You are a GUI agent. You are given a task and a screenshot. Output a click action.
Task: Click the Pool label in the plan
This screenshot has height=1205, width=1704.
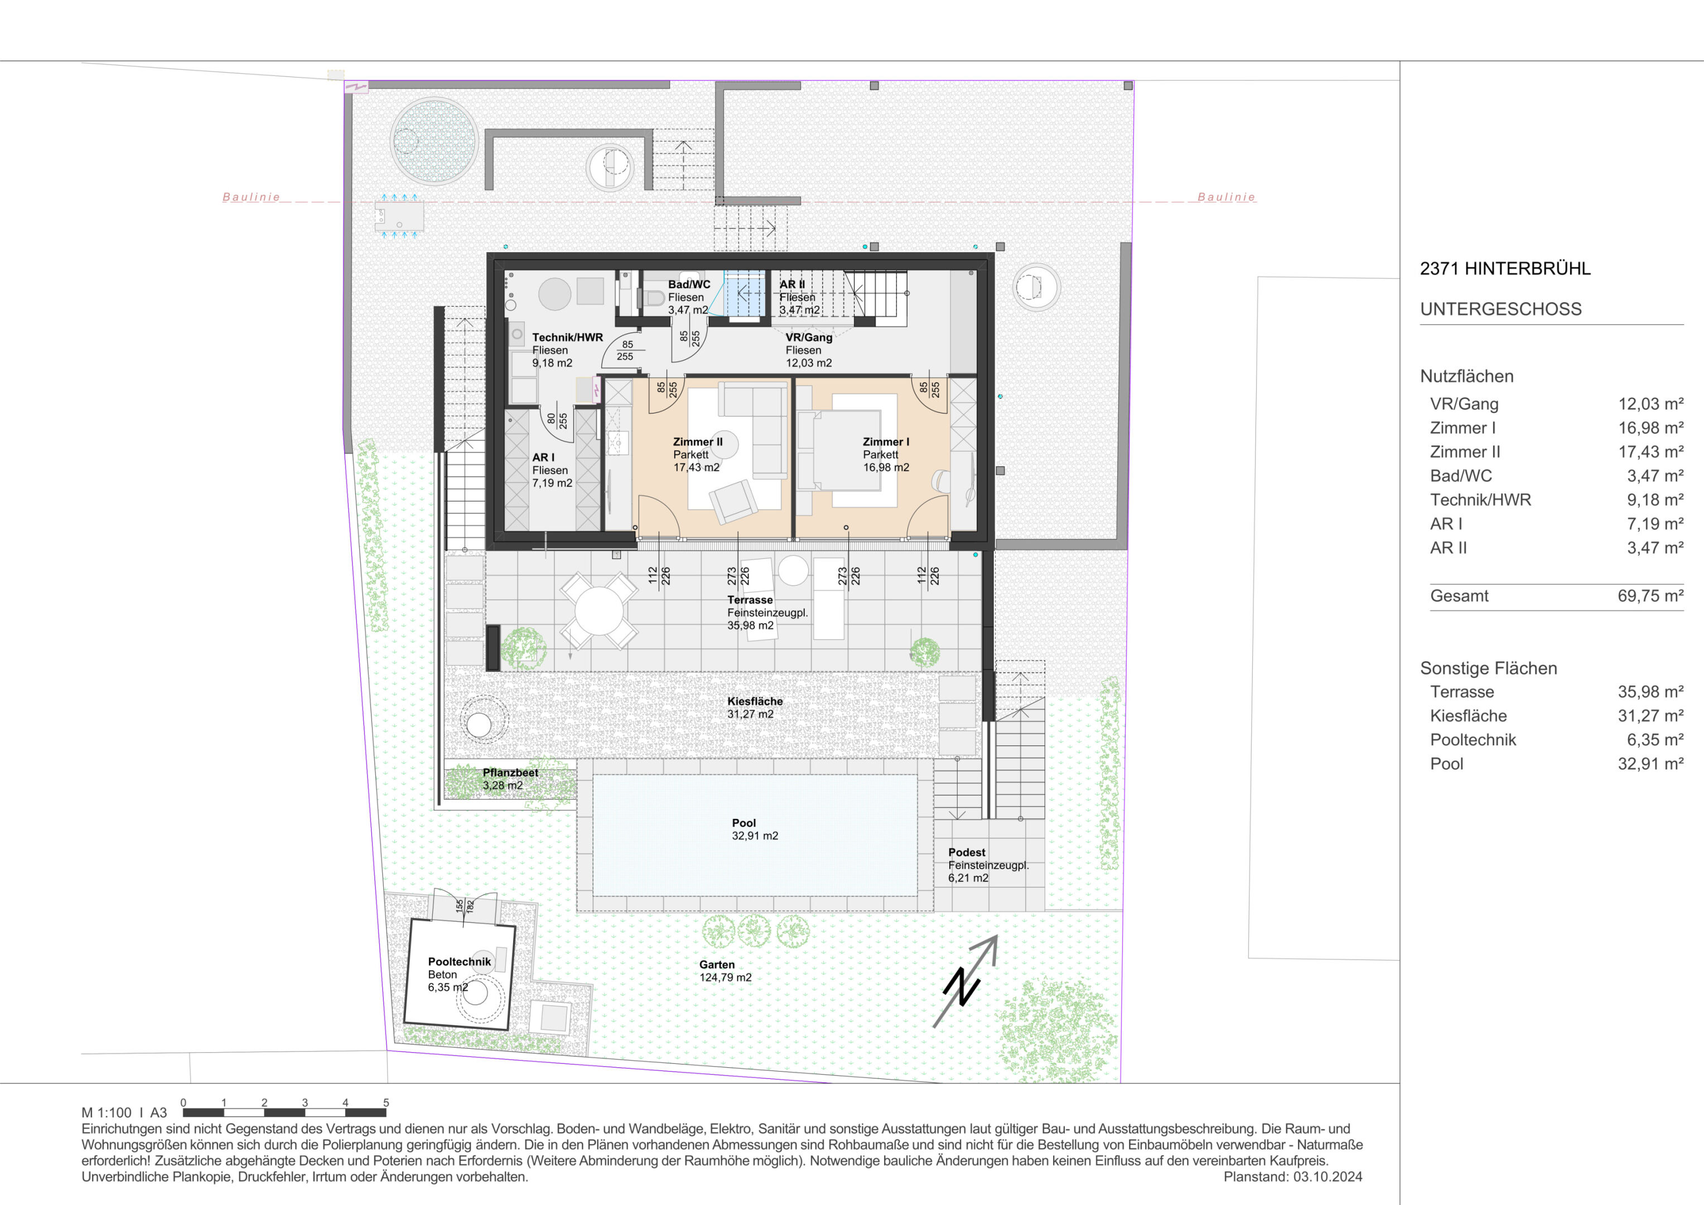point(744,823)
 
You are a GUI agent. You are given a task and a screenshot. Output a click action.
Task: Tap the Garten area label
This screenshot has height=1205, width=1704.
point(717,965)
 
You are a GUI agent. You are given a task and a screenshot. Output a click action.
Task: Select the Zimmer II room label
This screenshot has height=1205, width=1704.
point(698,442)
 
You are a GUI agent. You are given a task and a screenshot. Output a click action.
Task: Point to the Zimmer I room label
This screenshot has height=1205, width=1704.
point(885,442)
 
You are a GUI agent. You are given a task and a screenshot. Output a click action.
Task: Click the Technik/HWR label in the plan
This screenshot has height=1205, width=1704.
point(568,337)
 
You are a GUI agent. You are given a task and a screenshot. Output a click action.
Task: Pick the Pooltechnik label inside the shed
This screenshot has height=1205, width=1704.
point(460,961)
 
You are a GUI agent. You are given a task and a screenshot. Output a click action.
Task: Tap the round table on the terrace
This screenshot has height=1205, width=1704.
point(598,610)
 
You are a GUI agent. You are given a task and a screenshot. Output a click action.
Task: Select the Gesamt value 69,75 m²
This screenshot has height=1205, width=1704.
point(1650,595)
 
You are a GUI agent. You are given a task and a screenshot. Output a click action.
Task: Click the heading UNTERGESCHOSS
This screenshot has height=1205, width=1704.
point(1500,309)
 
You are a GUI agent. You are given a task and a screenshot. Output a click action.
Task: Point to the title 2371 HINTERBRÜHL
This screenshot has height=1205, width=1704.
point(1505,269)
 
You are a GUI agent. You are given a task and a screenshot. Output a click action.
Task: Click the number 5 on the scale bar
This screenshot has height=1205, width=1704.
point(386,1102)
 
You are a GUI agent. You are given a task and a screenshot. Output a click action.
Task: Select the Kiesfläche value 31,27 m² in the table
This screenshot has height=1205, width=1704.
point(1650,716)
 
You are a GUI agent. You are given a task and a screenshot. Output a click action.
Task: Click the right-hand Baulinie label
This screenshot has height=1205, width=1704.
point(1226,197)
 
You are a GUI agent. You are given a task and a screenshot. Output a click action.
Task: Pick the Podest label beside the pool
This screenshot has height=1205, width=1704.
point(966,852)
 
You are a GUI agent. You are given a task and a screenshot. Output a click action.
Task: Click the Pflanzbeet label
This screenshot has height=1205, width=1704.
point(510,772)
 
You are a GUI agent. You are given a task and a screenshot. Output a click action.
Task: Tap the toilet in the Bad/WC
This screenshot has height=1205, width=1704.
point(654,298)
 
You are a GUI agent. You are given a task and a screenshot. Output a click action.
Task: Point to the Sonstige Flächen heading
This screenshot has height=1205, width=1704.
point(1489,668)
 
